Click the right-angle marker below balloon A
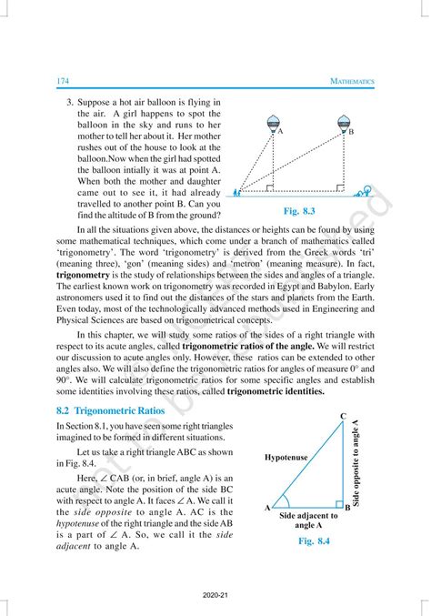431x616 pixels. point(270,190)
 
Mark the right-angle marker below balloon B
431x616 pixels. point(338,190)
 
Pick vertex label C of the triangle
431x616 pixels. point(343,416)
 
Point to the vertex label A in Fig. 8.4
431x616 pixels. point(267,509)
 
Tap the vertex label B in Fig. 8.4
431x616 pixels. point(346,509)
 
